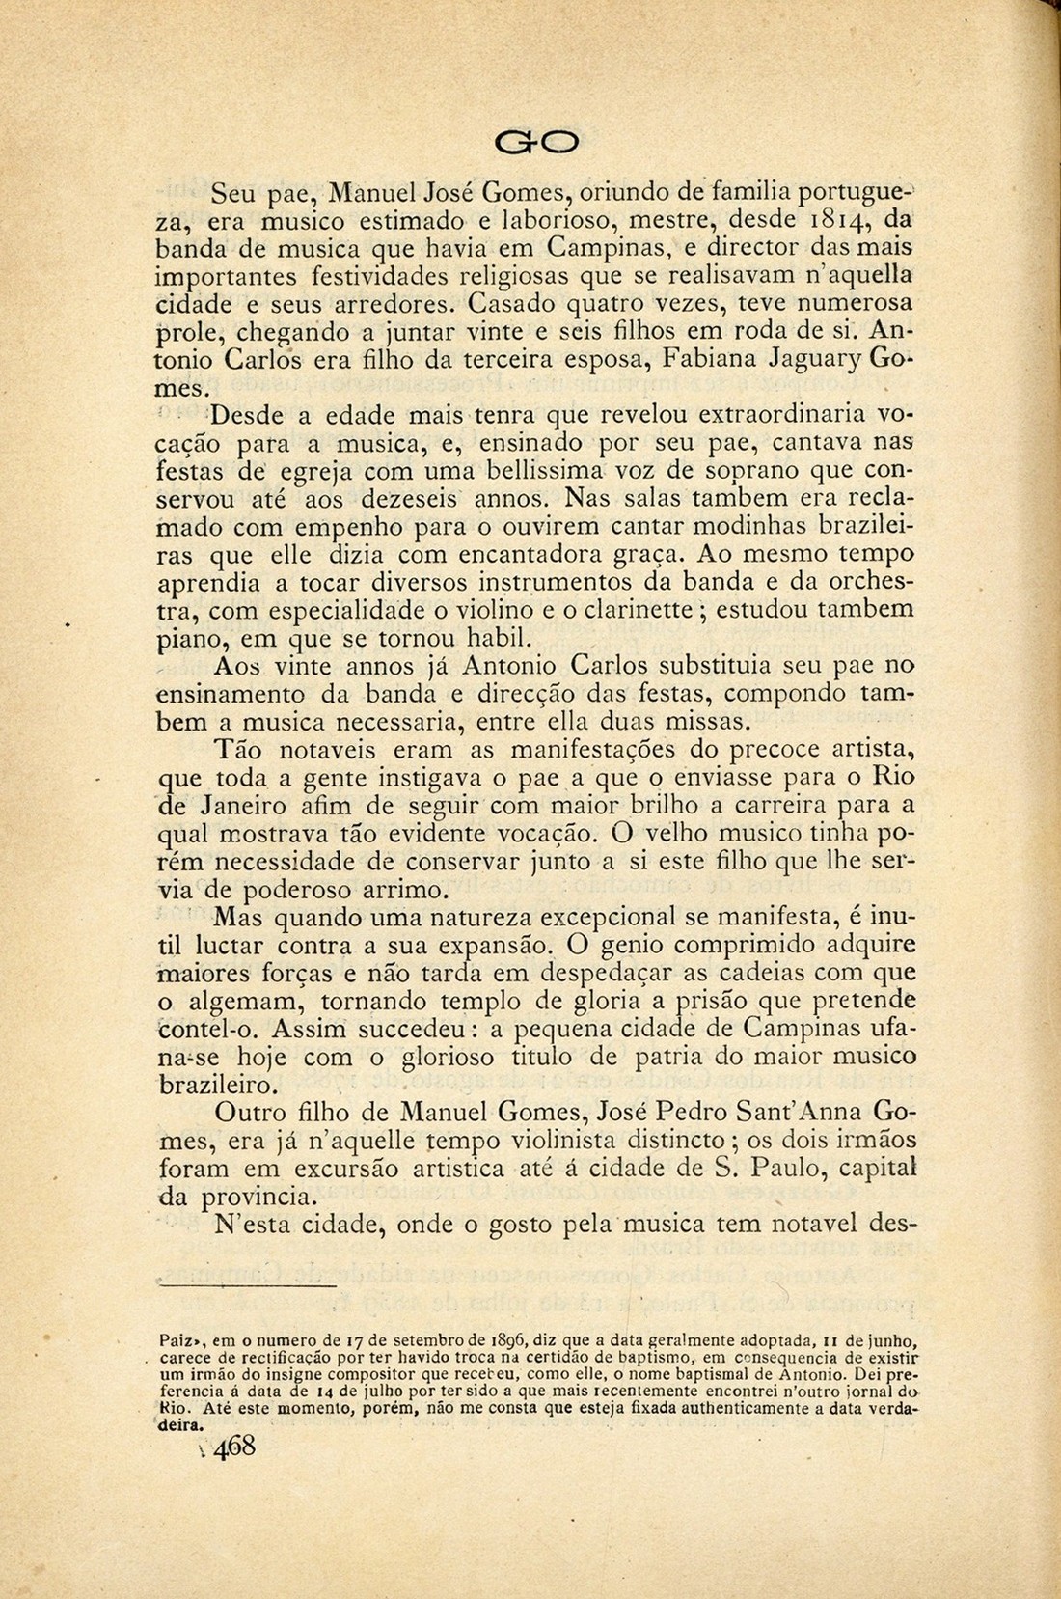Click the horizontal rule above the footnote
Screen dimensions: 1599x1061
click(247, 1285)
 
